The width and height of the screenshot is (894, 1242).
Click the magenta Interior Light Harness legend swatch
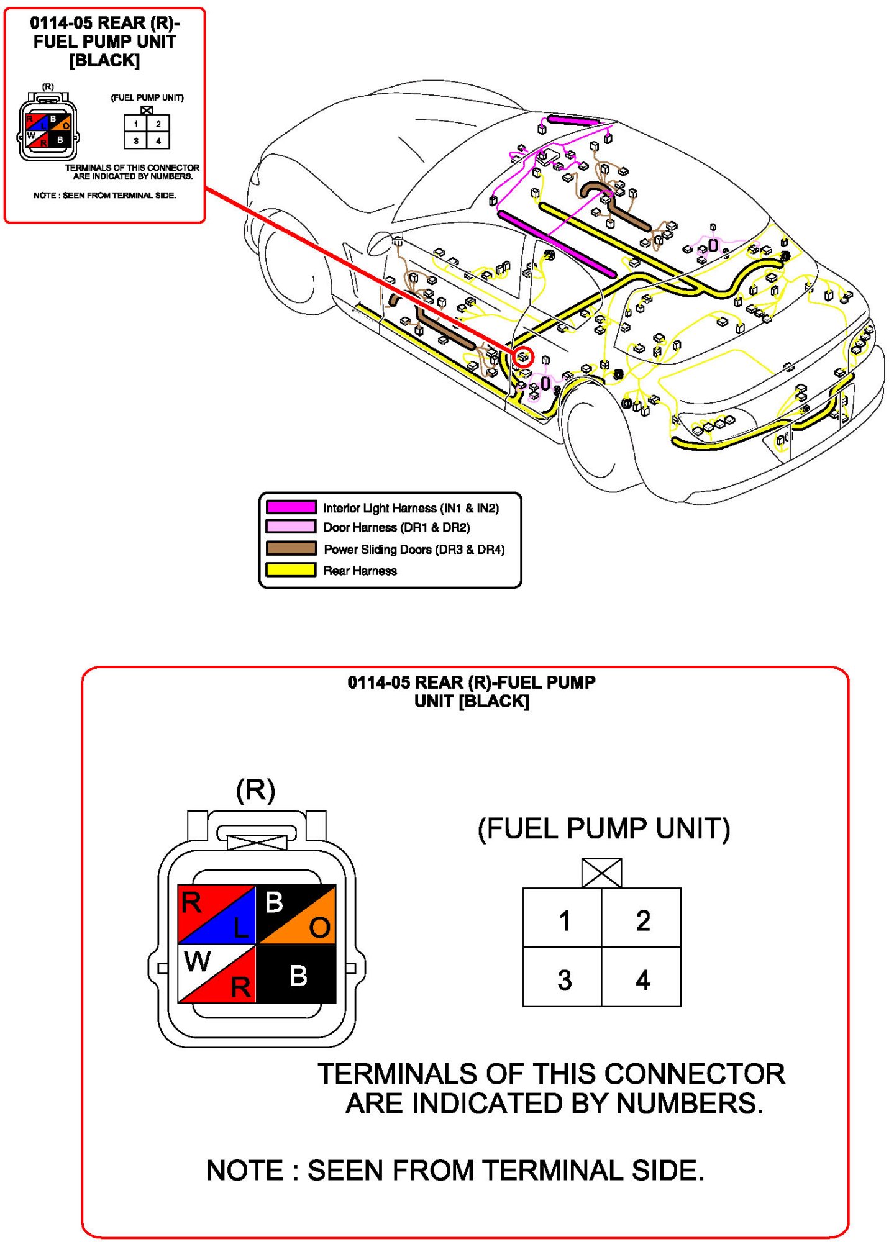point(291,507)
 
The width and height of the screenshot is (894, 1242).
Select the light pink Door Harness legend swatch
point(291,527)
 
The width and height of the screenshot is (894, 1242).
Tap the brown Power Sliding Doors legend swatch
point(291,548)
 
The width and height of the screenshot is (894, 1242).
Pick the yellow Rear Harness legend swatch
point(291,569)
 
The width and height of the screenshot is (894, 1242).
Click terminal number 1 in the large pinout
point(563,920)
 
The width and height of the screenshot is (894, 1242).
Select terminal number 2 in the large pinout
point(642,920)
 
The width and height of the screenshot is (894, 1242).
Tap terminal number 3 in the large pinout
point(563,980)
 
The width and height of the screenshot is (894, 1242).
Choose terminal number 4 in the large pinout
point(642,980)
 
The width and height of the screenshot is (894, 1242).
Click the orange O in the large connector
point(319,928)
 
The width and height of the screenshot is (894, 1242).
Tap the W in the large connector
point(198,962)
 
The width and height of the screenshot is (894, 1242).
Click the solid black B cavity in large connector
point(298,975)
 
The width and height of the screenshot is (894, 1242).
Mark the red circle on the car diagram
point(523,356)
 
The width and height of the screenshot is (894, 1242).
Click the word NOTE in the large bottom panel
point(244,1171)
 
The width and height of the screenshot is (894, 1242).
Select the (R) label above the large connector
point(255,790)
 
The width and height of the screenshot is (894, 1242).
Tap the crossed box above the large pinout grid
point(601,873)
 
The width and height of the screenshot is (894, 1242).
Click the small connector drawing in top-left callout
point(48,127)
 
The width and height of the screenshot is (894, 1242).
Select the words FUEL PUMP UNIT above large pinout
point(604,829)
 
